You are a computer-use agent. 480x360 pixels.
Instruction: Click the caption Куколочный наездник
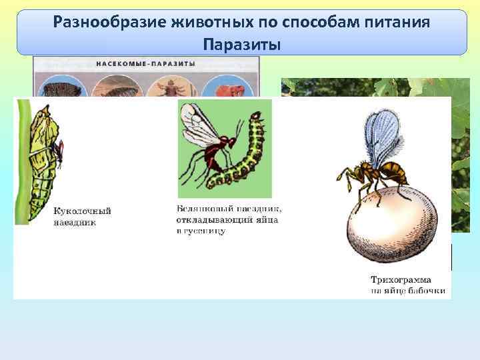point(82,217)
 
